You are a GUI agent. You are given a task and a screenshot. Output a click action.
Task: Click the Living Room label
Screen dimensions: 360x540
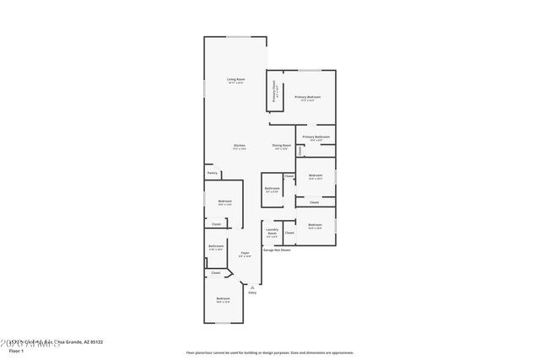pos(235,79)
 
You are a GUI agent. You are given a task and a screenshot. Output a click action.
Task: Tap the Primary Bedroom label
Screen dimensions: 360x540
pos(306,97)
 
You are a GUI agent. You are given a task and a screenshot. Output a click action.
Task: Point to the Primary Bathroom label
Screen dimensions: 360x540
pos(316,137)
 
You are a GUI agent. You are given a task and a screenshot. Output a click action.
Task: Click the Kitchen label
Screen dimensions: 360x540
pos(240,146)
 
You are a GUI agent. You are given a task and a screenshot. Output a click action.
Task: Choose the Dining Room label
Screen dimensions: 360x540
pos(282,146)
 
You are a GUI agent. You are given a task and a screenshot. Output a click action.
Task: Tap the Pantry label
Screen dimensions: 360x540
pos(212,173)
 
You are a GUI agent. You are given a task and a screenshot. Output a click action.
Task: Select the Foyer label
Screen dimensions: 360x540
pos(245,252)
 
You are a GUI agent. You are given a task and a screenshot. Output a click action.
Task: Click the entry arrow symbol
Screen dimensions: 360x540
pos(251,287)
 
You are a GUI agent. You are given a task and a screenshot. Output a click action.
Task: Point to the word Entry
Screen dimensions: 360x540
pos(251,293)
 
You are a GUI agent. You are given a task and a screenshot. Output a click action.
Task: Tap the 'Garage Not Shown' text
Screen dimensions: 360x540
pos(277,250)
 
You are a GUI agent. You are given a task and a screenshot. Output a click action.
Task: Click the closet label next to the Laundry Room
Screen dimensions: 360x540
pos(289,232)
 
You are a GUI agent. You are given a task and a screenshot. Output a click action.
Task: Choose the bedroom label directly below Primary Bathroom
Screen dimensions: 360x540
pos(316,175)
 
